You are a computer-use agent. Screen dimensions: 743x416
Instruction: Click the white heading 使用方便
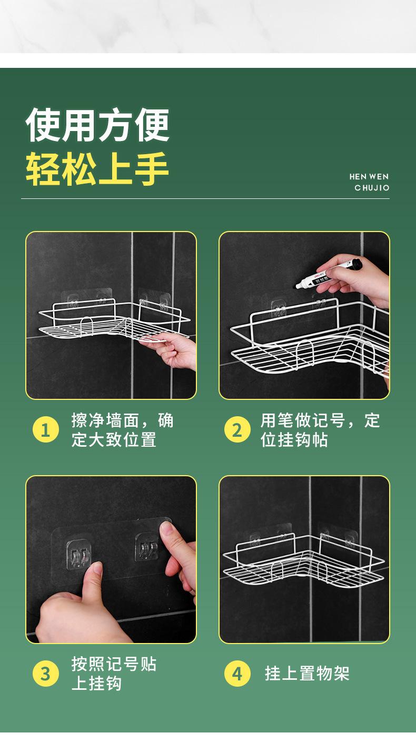97,125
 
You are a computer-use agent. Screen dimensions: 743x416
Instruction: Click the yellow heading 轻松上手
97,169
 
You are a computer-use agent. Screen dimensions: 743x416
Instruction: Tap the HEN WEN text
369,177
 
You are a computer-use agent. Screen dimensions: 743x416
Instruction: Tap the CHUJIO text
372,188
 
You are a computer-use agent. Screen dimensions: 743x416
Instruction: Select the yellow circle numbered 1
46,430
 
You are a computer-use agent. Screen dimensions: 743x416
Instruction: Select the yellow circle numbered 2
237,430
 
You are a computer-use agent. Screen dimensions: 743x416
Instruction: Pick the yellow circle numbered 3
46,674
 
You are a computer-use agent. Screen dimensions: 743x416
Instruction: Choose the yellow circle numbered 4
237,674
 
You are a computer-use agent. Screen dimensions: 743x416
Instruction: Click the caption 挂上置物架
307,674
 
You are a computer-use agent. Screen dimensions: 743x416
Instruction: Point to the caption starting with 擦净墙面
122,430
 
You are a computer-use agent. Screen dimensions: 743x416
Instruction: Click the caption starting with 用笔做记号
320,430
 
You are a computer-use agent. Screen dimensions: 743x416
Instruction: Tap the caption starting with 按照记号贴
114,674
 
